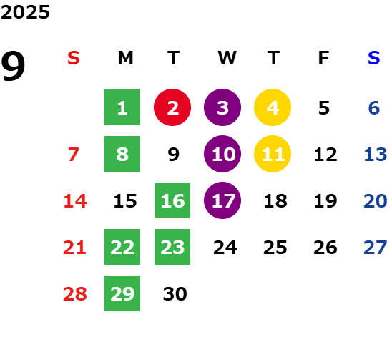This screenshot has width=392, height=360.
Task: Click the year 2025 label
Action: pyautogui.click(x=25, y=12)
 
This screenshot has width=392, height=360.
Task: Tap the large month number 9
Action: pyautogui.click(x=13, y=66)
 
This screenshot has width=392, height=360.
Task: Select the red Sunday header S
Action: pyautogui.click(x=73, y=58)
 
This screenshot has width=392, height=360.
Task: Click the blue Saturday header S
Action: pyautogui.click(x=373, y=58)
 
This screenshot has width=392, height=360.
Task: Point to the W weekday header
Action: pyautogui.click(x=227, y=58)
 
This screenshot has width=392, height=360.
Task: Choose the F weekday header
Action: pyautogui.click(x=323, y=58)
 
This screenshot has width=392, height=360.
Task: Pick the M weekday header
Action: pyautogui.click(x=125, y=58)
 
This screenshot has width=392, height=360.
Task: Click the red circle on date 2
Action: pyautogui.click(x=172, y=107)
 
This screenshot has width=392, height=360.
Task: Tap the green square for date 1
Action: pyautogui.click(x=122, y=107)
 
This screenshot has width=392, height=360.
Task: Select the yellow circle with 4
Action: pyautogui.click(x=273, y=107)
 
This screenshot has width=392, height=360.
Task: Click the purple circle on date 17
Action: pyautogui.click(x=222, y=200)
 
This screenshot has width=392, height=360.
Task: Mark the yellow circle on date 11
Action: pyautogui.click(x=273, y=154)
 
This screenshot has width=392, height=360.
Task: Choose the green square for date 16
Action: pyautogui.click(x=172, y=200)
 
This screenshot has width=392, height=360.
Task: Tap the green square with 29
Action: pyautogui.click(x=122, y=293)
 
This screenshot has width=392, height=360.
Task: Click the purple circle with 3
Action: pyautogui.click(x=222, y=107)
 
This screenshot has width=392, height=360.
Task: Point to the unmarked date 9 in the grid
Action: pyautogui.click(x=174, y=155)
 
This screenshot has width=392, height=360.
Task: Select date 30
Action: pyautogui.click(x=175, y=294)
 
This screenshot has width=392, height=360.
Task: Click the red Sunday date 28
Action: pyautogui.click(x=75, y=294)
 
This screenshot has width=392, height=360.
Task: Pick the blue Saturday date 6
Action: pyautogui.click(x=374, y=108)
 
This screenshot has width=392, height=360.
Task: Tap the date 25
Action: pyautogui.click(x=275, y=248)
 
